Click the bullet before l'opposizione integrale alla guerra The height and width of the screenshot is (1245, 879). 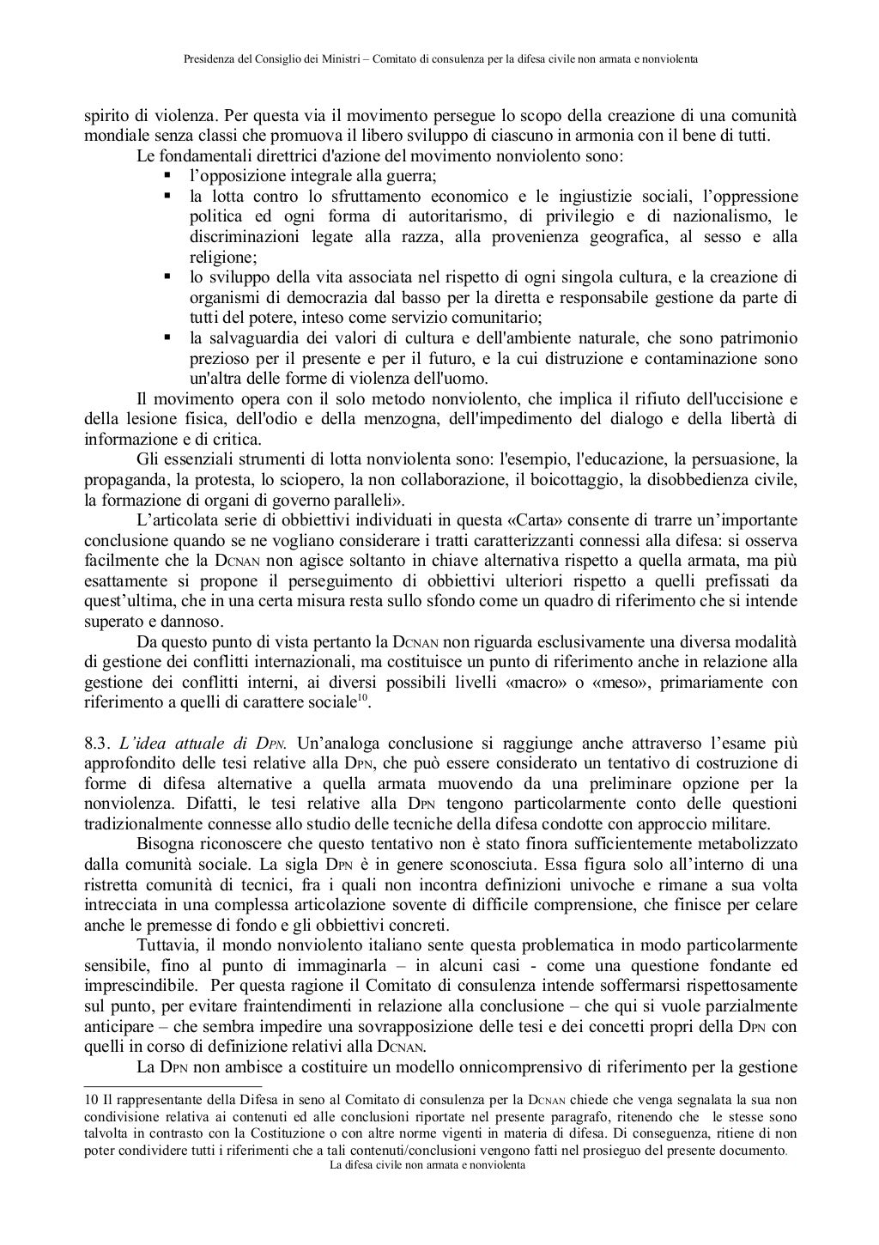tap(167, 176)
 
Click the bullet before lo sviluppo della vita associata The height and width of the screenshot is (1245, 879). tap(167, 276)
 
